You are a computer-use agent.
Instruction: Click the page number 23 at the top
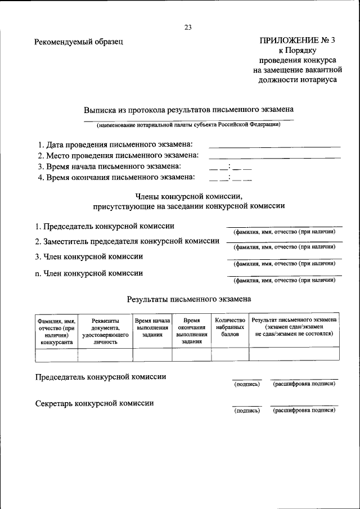point(188,27)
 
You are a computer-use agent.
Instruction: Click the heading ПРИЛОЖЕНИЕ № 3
point(298,40)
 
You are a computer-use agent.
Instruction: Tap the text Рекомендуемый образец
point(78,41)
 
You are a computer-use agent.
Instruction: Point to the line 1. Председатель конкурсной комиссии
point(104,226)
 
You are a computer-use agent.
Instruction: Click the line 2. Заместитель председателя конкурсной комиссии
point(127,241)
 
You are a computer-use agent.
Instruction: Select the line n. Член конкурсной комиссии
point(88,273)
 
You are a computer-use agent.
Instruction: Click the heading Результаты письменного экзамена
point(188,299)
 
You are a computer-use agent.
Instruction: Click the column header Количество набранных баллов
point(229,327)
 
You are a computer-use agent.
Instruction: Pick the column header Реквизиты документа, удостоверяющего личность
point(105,330)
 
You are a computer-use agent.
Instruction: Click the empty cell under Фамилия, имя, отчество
point(56,354)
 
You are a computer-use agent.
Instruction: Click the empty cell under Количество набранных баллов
point(229,354)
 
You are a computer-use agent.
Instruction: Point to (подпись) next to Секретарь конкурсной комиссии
point(247,411)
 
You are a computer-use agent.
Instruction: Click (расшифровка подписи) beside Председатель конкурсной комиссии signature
point(304,384)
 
